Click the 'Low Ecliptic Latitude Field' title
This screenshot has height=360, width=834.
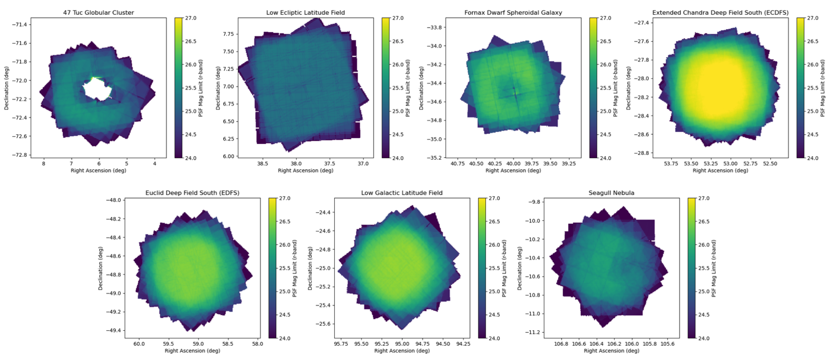click(305, 12)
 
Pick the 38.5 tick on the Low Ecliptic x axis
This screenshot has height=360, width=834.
click(262, 163)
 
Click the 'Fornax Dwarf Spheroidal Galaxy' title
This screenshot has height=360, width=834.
click(513, 12)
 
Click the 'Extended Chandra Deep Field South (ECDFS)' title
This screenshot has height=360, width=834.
click(720, 12)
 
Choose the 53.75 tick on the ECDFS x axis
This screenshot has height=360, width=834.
click(670, 163)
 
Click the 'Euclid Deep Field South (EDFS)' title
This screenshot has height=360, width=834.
click(192, 193)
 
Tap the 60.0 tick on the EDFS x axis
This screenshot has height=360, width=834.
click(139, 344)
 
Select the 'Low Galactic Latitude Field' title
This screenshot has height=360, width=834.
click(402, 193)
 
